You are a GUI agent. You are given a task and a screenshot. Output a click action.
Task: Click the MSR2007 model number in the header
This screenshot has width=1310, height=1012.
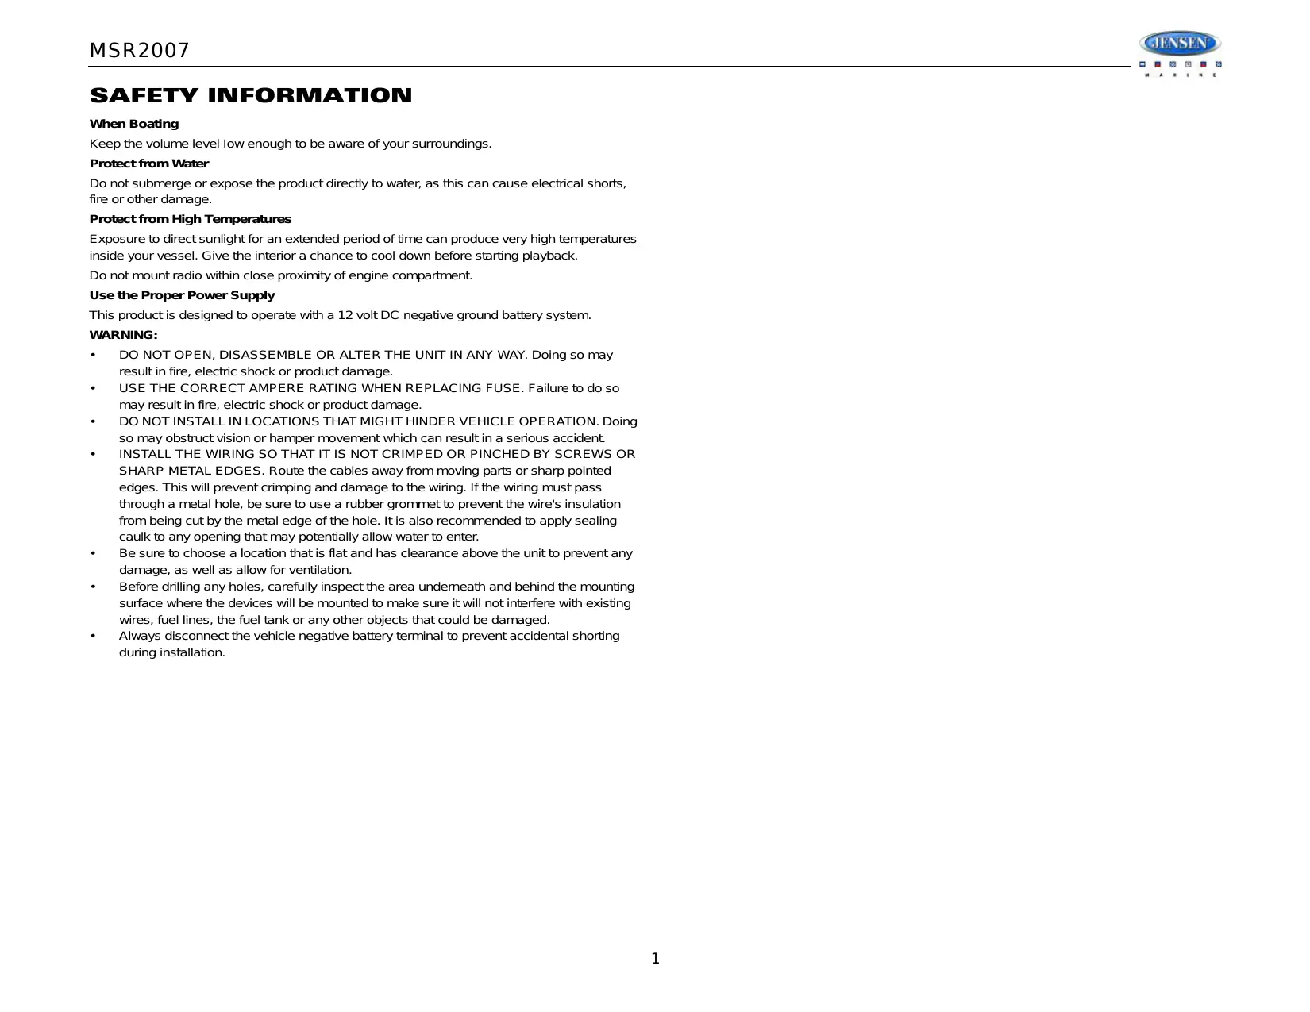[x=139, y=51]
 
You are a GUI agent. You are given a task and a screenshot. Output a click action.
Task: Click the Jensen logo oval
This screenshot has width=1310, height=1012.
[x=1180, y=43]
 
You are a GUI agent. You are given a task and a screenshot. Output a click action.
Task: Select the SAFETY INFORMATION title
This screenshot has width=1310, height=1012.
[x=251, y=96]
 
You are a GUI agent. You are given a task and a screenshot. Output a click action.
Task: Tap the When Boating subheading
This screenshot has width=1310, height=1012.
[x=134, y=124]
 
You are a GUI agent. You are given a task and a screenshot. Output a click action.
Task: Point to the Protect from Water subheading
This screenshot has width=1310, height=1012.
[x=149, y=164]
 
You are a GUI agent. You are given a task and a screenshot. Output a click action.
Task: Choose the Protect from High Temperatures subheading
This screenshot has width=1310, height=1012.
[x=191, y=219]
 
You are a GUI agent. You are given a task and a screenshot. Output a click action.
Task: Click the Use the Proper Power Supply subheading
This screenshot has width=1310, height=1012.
[x=182, y=295]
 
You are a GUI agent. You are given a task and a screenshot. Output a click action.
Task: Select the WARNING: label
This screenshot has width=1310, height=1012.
[x=124, y=335]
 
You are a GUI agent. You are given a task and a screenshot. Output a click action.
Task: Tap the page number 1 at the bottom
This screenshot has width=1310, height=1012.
[x=655, y=959]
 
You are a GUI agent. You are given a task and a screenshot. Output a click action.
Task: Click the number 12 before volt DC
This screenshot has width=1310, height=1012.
[x=345, y=315]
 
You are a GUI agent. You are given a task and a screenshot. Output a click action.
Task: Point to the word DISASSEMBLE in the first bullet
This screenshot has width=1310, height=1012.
[x=265, y=355]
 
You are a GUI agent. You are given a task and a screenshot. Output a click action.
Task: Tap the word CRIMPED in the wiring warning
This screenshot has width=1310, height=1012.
[x=413, y=454]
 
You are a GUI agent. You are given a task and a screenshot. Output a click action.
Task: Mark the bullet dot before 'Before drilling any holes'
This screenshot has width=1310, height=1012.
[x=94, y=587]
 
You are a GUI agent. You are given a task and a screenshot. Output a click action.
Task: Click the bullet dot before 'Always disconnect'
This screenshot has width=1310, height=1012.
[x=94, y=636]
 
